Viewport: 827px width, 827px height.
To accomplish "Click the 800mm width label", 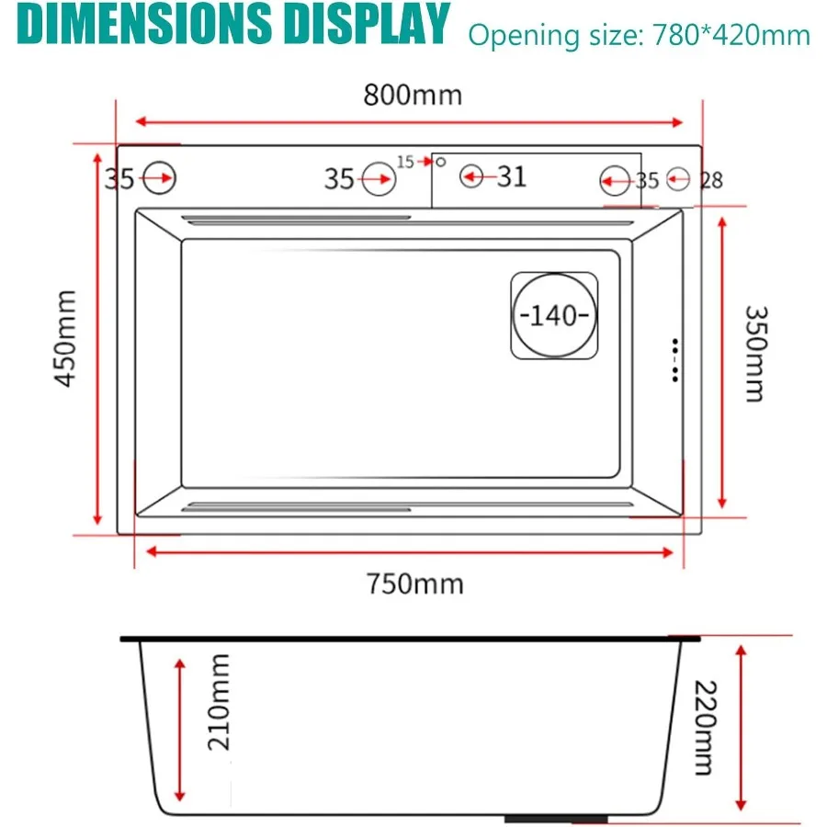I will (413, 95).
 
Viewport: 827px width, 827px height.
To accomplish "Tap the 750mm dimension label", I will (414, 583).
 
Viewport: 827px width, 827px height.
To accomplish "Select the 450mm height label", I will (66, 338).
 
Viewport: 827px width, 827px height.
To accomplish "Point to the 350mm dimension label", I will (753, 353).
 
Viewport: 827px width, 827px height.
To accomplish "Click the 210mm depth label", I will (218, 701).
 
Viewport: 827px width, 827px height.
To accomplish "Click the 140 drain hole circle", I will (554, 315).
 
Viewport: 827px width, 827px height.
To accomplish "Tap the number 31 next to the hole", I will (512, 176).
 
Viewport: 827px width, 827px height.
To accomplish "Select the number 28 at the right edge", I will (712, 180).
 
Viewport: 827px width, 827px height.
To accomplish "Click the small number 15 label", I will (405, 162).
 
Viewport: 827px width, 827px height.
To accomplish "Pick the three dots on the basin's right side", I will (675, 359).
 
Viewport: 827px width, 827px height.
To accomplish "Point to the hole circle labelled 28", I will (678, 177).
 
